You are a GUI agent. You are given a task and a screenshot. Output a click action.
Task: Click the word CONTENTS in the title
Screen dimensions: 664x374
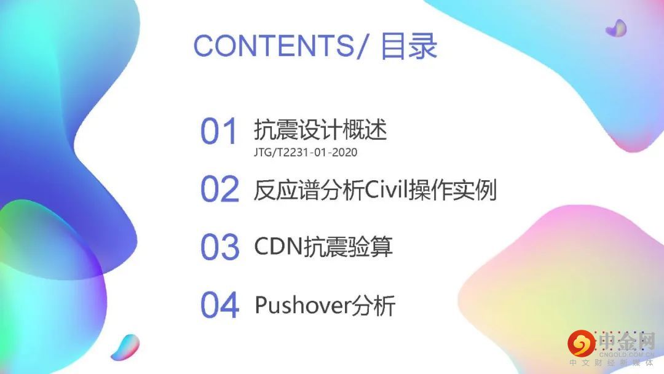(274, 46)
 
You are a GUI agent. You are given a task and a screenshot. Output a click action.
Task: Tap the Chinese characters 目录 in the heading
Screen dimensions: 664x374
(409, 46)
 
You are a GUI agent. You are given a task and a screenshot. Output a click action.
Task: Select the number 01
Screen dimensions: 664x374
(218, 131)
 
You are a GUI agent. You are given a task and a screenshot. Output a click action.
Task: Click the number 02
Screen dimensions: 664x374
(219, 189)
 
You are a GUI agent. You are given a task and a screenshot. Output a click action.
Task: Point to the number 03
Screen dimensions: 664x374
(219, 247)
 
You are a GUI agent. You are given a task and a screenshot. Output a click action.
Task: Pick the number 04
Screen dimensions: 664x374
(219, 305)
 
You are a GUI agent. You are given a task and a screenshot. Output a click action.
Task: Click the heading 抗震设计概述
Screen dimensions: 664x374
(320, 129)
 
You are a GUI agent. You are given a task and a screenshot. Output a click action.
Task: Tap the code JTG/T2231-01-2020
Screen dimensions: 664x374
(306, 153)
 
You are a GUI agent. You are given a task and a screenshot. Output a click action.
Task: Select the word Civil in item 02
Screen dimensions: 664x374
(383, 190)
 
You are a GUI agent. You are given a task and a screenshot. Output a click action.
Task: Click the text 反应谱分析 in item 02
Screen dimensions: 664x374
(309, 190)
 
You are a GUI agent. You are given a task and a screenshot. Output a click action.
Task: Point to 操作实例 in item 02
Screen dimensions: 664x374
(449, 190)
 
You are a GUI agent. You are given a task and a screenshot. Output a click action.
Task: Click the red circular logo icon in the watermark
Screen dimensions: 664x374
(582, 343)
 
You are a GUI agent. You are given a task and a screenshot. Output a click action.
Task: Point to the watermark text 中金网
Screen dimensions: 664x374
(626, 341)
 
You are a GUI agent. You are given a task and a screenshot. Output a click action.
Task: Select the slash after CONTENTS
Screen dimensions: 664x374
(362, 46)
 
